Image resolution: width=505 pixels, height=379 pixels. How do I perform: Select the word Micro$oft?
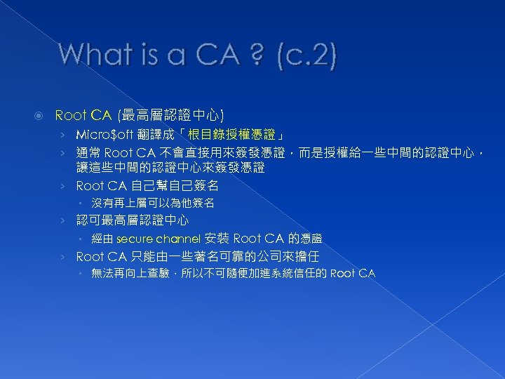(x=105, y=133)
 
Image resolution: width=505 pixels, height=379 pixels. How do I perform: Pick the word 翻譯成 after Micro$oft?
(x=154, y=133)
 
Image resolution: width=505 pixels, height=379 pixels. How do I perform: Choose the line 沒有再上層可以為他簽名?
(x=152, y=204)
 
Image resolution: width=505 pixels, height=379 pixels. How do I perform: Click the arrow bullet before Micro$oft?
(x=63, y=133)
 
